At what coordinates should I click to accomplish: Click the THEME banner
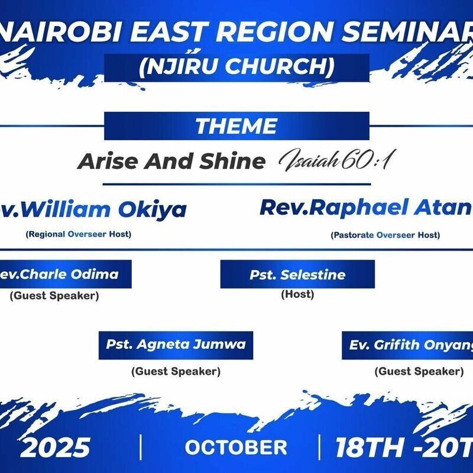click(237, 126)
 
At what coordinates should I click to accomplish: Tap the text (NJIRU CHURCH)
click(237, 67)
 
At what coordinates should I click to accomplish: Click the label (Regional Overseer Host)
click(78, 234)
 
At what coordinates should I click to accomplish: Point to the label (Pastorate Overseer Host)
click(385, 235)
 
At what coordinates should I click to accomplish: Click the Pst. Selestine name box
click(297, 275)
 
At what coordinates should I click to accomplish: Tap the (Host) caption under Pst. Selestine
click(297, 294)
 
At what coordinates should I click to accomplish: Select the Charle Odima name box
click(65, 274)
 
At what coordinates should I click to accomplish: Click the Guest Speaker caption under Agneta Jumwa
click(176, 371)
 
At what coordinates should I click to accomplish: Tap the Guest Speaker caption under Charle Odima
click(54, 296)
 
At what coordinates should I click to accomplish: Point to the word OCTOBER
click(236, 447)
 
